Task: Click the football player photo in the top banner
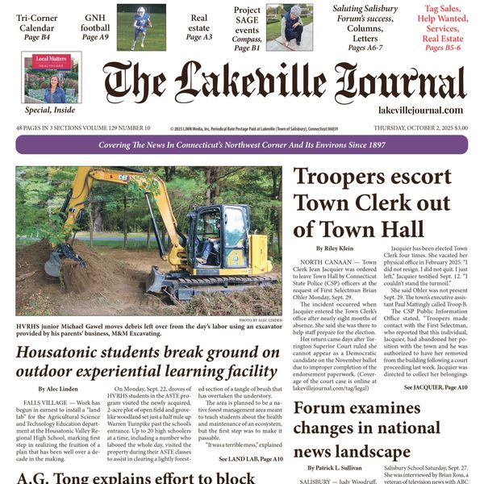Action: pyautogui.click(x=141, y=27)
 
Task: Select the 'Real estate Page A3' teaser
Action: pyautogui.click(x=198, y=27)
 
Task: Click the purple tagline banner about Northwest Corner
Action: pyautogui.click(x=241, y=145)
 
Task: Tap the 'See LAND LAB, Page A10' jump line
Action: pyautogui.click(x=251, y=458)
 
